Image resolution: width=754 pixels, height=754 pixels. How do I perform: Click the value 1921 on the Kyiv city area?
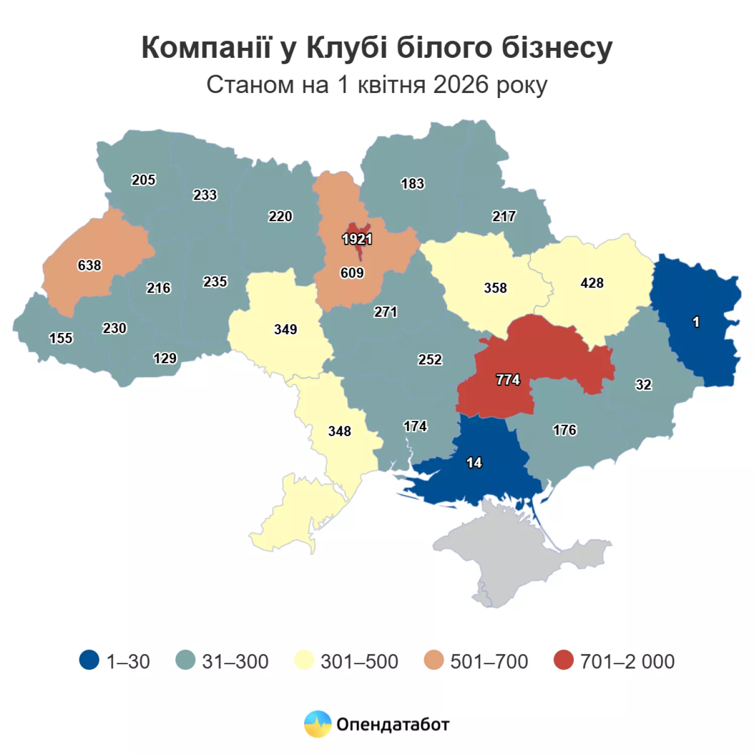click(357, 239)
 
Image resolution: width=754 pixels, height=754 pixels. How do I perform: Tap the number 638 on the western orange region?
click(89, 265)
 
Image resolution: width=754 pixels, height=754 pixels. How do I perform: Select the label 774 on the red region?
click(508, 380)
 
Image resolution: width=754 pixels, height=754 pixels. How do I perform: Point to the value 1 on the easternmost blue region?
click(696, 322)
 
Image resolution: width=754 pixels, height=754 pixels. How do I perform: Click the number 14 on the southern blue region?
click(474, 462)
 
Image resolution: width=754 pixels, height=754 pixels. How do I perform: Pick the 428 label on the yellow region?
click(592, 283)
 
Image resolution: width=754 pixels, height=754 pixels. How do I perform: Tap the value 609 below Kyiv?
click(352, 272)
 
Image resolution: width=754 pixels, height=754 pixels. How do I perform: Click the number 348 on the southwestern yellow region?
click(339, 431)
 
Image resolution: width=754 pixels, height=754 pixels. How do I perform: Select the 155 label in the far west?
click(61, 338)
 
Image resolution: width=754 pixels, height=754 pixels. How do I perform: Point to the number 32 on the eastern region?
click(643, 385)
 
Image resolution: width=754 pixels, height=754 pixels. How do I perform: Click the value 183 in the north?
click(412, 184)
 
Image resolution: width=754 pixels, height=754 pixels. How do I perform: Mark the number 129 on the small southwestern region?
click(165, 358)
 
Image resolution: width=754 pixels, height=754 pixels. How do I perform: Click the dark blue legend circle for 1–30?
click(89, 661)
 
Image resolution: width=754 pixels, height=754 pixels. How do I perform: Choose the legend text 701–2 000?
click(627, 662)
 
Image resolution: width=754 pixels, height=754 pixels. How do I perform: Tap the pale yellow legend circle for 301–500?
click(304, 661)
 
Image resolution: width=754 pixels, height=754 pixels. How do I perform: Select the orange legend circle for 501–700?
click(434, 661)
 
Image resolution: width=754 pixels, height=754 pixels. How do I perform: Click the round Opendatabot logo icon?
click(318, 724)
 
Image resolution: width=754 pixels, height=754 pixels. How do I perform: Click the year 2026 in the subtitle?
click(460, 84)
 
